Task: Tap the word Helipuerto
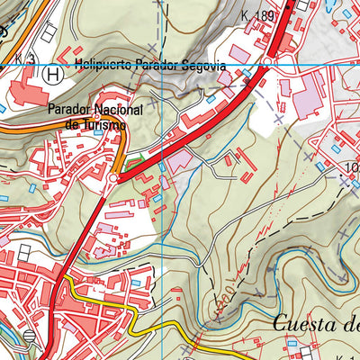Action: [105, 64]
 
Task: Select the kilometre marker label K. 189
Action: [257, 15]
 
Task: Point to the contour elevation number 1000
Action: [352, 168]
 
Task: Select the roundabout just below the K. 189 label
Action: [268, 62]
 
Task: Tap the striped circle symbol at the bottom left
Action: [30, 337]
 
